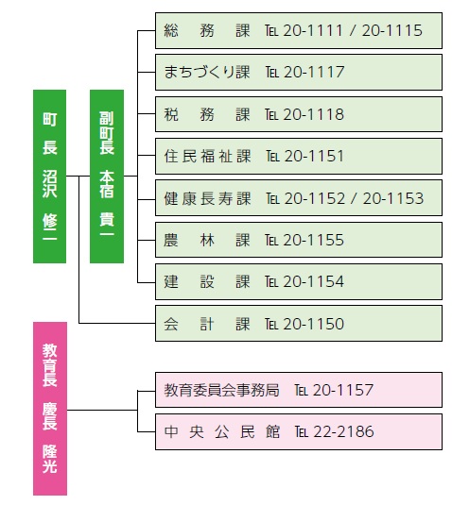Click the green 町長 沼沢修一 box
50,177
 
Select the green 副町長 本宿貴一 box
107,177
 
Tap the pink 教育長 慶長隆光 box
50,409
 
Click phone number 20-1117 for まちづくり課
314,72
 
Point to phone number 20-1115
392,30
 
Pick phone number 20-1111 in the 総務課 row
313,30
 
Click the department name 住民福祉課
207,156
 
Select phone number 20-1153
393,198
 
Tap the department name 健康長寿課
207,198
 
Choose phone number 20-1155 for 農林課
314,241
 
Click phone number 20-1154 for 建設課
314,282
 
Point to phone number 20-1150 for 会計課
314,324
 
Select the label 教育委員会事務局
221,390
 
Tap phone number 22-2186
343,432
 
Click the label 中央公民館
222,432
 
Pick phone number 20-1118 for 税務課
314,114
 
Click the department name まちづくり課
207,72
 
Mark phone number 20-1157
343,390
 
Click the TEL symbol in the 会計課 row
271,325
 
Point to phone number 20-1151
314,156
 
